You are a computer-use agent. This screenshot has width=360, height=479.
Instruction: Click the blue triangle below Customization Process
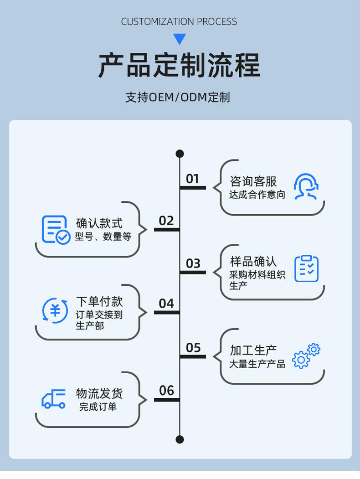click(x=180, y=39)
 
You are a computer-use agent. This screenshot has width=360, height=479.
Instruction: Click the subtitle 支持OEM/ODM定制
click(x=178, y=97)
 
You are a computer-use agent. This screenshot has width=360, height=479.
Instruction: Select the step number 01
click(x=193, y=179)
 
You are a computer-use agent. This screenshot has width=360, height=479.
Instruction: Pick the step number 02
click(x=166, y=221)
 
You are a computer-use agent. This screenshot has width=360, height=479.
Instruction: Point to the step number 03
click(x=193, y=263)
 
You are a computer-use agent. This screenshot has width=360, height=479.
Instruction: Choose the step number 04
click(x=166, y=304)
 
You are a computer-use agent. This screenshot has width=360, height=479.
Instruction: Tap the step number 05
click(x=193, y=348)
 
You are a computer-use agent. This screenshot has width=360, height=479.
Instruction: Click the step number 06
click(x=166, y=391)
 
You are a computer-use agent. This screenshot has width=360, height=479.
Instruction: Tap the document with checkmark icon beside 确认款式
click(x=56, y=229)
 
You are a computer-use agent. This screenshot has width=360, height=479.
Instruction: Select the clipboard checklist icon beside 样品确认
click(x=306, y=268)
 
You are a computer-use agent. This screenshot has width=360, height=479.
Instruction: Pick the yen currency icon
click(x=55, y=310)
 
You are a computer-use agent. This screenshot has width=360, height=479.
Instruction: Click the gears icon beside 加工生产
click(x=306, y=356)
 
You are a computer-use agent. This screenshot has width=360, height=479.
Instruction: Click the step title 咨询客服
click(x=253, y=181)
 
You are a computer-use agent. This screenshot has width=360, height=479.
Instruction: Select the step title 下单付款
click(x=99, y=302)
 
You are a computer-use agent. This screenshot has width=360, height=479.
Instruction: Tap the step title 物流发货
click(x=99, y=393)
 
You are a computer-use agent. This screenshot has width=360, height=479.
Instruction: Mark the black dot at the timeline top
click(x=180, y=154)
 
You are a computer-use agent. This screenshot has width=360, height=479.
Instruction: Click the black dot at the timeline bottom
click(x=180, y=439)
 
